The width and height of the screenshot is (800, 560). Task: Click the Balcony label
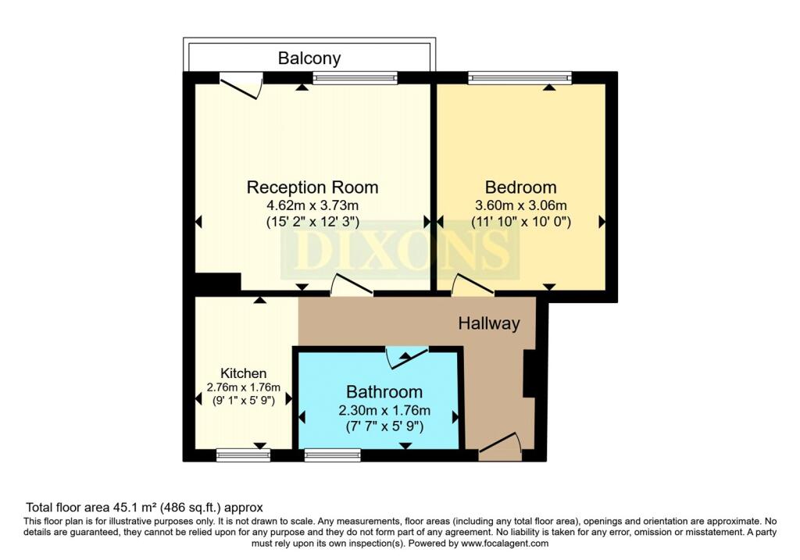(310, 59)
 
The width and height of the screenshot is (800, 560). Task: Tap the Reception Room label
(312, 187)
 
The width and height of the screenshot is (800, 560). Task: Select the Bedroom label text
(521, 187)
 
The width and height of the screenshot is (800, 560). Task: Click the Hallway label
(489, 323)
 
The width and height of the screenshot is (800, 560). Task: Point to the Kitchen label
(243, 373)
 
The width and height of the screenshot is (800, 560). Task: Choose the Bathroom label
(384, 392)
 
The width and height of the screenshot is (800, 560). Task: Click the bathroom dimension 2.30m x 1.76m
(384, 410)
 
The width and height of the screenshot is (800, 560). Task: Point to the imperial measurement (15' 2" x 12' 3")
(312, 222)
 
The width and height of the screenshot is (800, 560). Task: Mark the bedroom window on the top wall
(520, 77)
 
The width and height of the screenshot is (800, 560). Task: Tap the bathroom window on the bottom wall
(332, 455)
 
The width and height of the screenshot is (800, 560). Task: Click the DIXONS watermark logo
(400, 252)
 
